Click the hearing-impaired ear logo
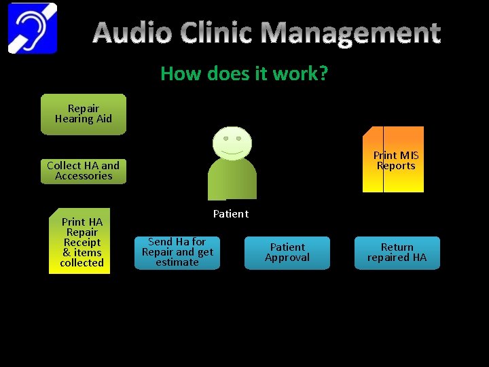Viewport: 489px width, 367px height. tap(33, 28)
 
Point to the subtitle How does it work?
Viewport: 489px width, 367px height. tap(244, 73)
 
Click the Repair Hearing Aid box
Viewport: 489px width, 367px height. tap(84, 114)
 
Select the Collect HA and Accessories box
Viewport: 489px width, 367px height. tap(84, 171)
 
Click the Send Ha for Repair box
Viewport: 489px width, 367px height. tap(177, 252)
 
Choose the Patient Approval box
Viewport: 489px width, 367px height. tap(287, 253)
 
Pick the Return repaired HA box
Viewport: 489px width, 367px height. tap(397, 253)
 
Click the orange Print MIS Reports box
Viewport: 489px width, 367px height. tap(393, 160)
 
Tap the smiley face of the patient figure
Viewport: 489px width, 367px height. tap(232, 141)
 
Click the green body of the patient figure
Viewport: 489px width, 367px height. tap(232, 180)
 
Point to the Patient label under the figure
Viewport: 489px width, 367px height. tap(231, 214)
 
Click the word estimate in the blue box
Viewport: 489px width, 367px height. tap(177, 262)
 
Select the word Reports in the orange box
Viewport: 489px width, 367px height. tap(396, 166)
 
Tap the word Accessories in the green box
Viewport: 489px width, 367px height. tap(84, 176)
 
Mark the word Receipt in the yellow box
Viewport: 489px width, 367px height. tap(81, 243)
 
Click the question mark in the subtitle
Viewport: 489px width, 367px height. tap(323, 73)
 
